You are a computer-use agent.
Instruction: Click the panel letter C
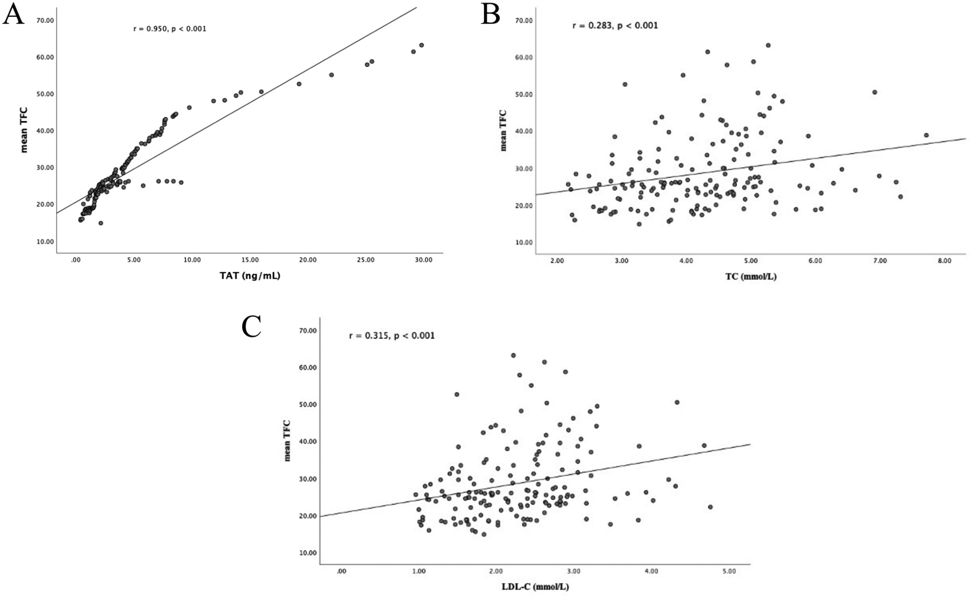pos(251,326)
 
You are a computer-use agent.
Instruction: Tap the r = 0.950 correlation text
pos(170,29)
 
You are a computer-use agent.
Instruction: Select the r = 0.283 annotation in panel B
pos(615,25)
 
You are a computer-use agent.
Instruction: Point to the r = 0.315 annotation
pos(391,336)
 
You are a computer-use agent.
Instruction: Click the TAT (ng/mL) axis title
pos(250,276)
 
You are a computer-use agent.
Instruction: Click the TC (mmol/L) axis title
pos(751,277)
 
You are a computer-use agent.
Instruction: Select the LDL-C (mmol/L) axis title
pos(535,587)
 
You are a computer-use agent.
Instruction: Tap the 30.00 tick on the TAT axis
pos(424,260)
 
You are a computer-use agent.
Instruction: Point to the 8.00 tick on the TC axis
pos(944,261)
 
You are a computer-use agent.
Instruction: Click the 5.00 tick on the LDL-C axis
pos(729,571)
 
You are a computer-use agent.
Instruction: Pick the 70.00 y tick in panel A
pos(45,20)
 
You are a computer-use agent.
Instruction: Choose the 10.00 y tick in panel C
pos(307,552)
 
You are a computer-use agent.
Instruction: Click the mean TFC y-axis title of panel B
pos(503,130)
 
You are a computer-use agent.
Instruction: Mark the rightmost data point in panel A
pos(421,45)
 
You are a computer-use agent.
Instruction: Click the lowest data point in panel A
pos(101,223)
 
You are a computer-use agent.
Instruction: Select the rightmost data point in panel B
pos(926,135)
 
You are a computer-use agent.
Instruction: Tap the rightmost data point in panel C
pos(710,507)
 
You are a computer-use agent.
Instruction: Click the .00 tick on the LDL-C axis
pos(342,571)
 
